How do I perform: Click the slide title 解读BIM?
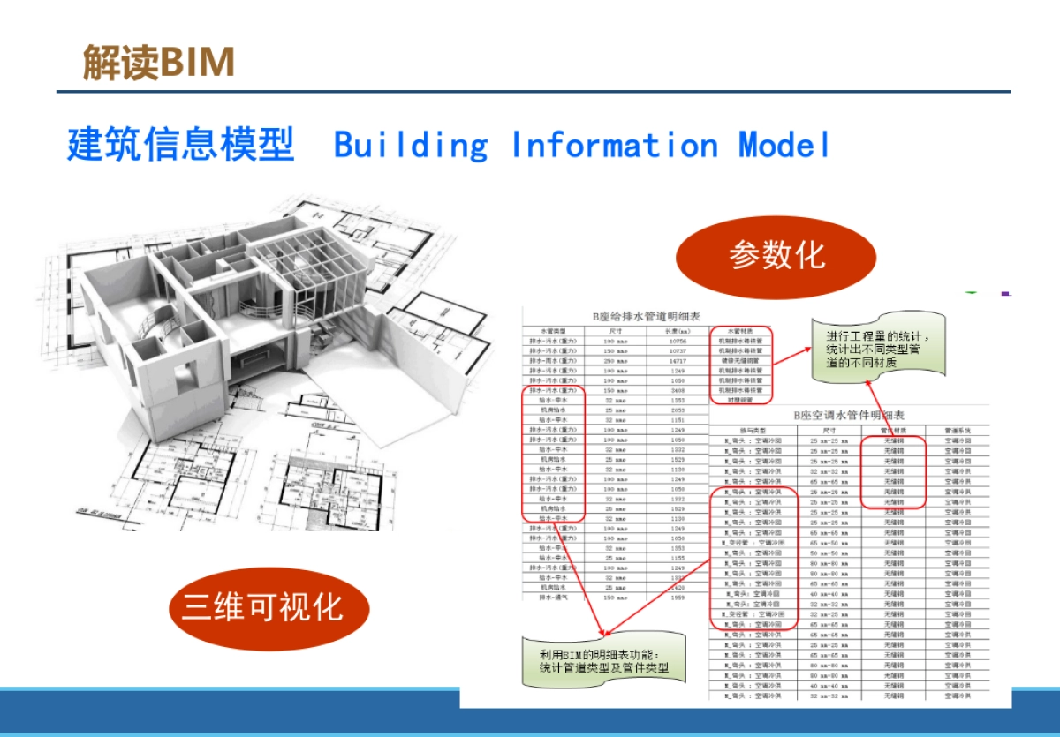coord(159,63)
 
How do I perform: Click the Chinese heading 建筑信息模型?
coord(180,145)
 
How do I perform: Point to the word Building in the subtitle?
coord(411,145)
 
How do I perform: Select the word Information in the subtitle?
coord(615,145)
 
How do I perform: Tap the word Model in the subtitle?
coord(784,145)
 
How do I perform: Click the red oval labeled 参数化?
coord(776,257)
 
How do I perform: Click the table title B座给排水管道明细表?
coord(624,316)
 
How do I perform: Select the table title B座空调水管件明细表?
coord(847,415)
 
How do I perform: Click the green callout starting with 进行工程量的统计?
coord(878,350)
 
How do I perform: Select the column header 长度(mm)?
coord(678,330)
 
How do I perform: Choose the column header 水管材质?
coord(741,330)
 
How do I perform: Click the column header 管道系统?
coord(958,430)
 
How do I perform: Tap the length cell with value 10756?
coord(678,340)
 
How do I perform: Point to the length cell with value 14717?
coord(678,360)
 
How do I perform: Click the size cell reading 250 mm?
coord(615,360)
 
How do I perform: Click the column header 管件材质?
coord(894,430)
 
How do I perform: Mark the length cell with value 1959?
coord(678,598)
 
